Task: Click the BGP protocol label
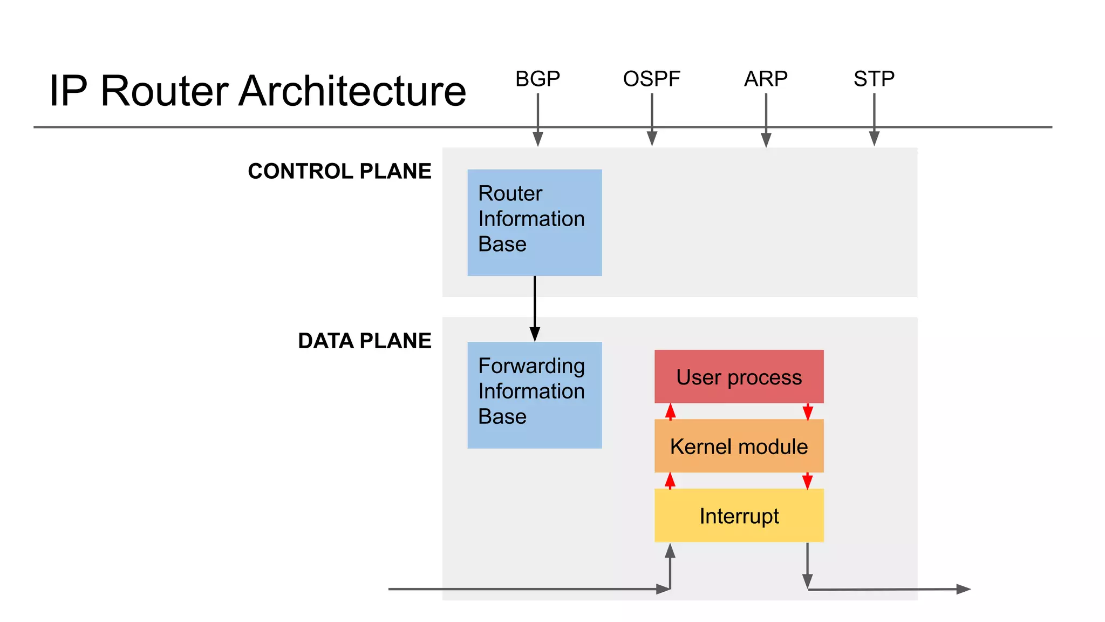(x=537, y=79)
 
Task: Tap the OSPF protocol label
(x=651, y=79)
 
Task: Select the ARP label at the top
(x=766, y=79)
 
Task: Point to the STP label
(x=874, y=79)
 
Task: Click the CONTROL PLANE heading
(x=339, y=171)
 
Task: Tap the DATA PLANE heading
(x=364, y=341)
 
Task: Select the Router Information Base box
(x=534, y=222)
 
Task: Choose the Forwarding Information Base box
(x=534, y=395)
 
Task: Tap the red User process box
(x=739, y=376)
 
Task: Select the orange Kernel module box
(x=739, y=446)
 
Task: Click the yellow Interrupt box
(x=739, y=516)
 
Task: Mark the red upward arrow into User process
(x=670, y=411)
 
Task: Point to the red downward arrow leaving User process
(x=808, y=411)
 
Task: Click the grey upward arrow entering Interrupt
(x=670, y=564)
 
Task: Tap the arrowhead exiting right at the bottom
(x=963, y=589)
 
